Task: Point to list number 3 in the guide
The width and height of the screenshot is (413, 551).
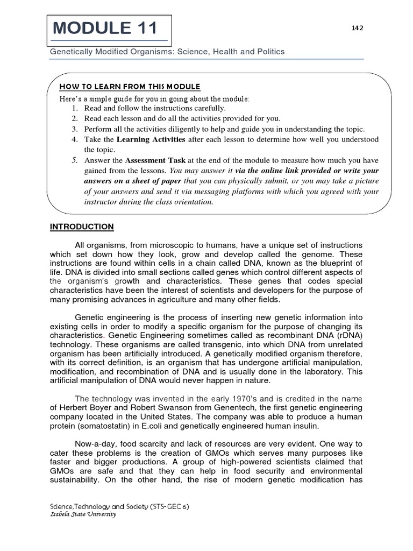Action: [x=75, y=129]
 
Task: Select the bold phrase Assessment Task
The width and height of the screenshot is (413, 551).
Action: [x=155, y=160]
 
